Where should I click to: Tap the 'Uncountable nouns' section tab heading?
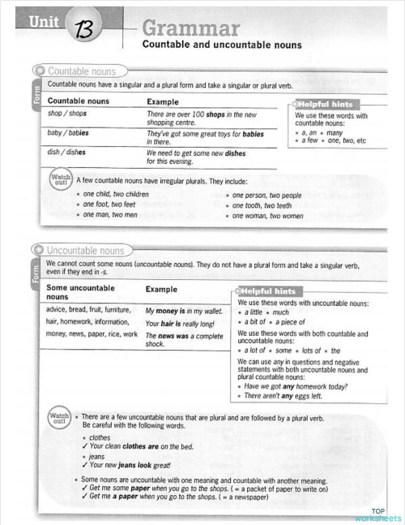86,251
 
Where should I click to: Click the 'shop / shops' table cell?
67,114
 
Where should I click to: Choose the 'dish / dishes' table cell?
67,152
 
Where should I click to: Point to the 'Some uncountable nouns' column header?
80,293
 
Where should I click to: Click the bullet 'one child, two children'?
116,195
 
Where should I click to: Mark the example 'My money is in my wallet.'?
183,310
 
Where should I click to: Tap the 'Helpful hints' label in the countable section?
326,105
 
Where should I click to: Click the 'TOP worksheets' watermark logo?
377,514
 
